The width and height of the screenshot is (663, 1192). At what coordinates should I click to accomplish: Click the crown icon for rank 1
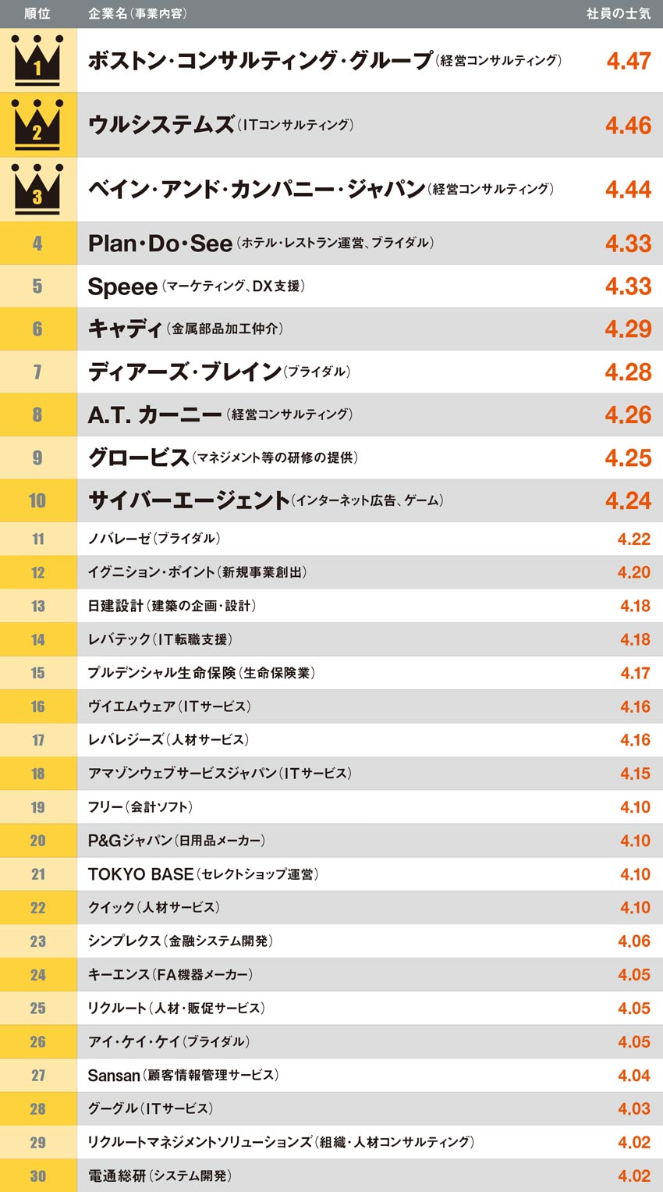(x=37, y=60)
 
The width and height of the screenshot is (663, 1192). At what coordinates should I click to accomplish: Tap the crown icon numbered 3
(x=37, y=190)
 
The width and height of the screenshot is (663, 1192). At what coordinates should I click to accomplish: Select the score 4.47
(x=628, y=61)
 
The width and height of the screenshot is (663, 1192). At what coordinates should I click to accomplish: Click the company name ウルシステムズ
(x=161, y=125)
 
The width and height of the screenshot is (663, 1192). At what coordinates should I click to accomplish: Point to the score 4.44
(x=628, y=190)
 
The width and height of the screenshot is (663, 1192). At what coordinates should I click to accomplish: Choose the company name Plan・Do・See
(x=160, y=244)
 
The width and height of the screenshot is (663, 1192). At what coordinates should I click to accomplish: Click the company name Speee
(x=122, y=286)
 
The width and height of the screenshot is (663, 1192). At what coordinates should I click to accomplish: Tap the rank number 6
(x=37, y=329)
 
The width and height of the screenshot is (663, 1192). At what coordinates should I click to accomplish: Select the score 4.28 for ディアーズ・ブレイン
(x=628, y=372)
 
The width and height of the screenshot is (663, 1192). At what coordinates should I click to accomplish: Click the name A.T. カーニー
(x=154, y=415)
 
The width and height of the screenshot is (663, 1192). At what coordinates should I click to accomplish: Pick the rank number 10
(x=37, y=500)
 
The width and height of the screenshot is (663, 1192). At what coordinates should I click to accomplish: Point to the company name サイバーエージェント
(x=189, y=500)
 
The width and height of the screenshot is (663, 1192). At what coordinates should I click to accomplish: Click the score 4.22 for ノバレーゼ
(x=634, y=539)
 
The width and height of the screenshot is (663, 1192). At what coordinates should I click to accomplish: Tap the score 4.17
(x=635, y=673)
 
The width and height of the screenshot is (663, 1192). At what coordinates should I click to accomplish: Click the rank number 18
(x=37, y=774)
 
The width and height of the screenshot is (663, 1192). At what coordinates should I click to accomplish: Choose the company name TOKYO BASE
(x=140, y=874)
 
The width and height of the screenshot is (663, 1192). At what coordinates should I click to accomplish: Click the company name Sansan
(x=114, y=1076)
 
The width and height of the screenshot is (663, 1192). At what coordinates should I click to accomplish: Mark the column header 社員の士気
(x=618, y=13)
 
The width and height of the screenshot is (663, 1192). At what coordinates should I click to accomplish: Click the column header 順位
(x=37, y=13)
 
